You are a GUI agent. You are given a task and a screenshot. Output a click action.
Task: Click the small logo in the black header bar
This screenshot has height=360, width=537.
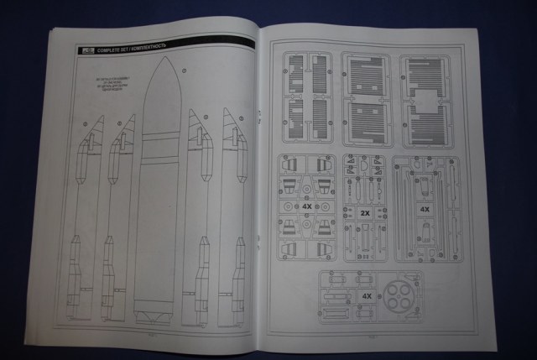pyautogui.click(x=83, y=51)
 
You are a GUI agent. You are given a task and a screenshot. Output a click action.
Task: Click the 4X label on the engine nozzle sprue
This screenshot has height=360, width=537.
pyautogui.click(x=307, y=205)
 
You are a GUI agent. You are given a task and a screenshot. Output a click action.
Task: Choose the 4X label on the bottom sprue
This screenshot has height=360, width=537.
pyautogui.click(x=367, y=296)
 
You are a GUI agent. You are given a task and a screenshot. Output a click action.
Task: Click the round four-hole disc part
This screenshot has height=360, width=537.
pyautogui.click(x=396, y=298)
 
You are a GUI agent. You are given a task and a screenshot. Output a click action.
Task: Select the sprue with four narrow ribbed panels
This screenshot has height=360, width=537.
pyautogui.click(x=306, y=100)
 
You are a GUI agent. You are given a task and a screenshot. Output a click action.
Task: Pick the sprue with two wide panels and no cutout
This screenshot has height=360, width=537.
pyautogui.click(x=366, y=100)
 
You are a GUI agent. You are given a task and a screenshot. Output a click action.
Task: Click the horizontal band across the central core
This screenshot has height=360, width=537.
pyautogui.click(x=159, y=135)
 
